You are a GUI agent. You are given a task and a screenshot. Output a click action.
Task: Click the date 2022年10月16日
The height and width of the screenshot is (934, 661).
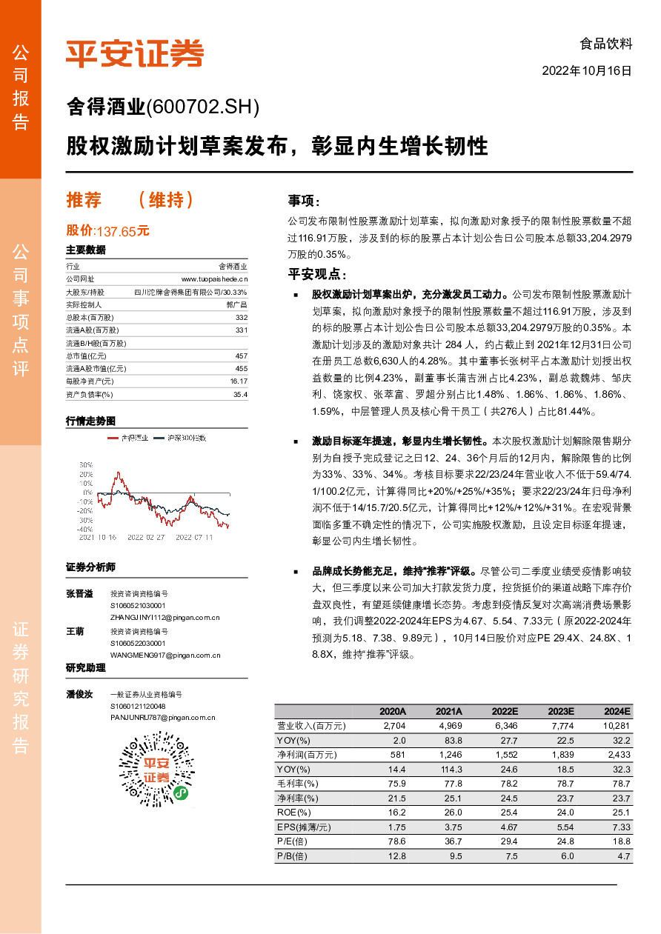pyautogui.click(x=587, y=71)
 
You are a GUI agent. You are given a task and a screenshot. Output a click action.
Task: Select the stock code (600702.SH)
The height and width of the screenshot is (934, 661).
pyautogui.click(x=204, y=108)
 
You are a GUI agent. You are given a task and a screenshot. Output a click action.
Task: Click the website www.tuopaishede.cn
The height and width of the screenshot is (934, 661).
pyautogui.click(x=214, y=278)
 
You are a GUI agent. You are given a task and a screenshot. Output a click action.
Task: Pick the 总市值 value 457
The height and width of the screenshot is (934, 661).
pyautogui.click(x=241, y=356)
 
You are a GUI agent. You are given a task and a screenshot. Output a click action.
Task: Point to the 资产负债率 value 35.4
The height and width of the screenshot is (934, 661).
pyautogui.click(x=240, y=395)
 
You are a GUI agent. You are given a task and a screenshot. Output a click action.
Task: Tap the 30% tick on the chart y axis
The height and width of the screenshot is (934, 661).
pyautogui.click(x=85, y=465)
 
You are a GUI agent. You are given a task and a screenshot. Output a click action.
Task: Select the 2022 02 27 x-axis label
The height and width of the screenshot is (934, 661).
pyautogui.click(x=145, y=537)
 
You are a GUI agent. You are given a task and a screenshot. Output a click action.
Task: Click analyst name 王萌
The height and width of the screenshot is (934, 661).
pyautogui.click(x=75, y=631)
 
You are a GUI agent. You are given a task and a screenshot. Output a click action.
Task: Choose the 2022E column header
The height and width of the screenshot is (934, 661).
pyautogui.click(x=504, y=710)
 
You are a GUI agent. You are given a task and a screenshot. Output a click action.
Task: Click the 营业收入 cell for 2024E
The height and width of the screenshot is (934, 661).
pyautogui.click(x=616, y=726)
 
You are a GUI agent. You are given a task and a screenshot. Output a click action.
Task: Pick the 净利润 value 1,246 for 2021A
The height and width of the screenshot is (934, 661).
pyautogui.click(x=450, y=754)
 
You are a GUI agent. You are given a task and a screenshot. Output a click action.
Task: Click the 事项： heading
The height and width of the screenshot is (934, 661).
pyautogui.click(x=304, y=201)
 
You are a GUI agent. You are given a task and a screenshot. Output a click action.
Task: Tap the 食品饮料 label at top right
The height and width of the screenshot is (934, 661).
pyautogui.click(x=606, y=44)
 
